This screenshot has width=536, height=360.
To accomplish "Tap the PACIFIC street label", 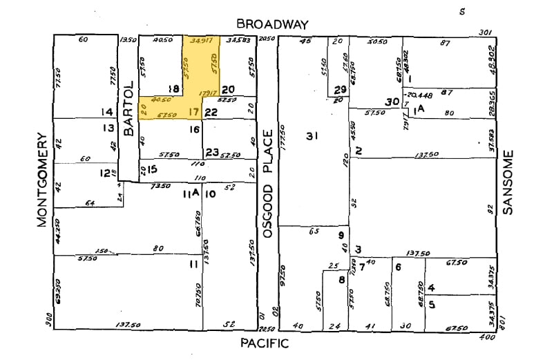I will [265, 343].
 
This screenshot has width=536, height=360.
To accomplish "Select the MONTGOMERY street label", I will [42, 180].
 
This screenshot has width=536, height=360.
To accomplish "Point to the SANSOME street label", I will [509, 182].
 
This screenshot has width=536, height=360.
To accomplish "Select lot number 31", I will [312, 136].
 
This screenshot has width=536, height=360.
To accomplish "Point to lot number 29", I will [339, 90].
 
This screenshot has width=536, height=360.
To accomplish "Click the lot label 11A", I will [191, 194].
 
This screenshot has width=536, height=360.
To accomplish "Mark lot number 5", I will [432, 303].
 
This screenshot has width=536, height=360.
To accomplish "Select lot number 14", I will [106, 112].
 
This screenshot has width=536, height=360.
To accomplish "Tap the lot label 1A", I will [417, 109].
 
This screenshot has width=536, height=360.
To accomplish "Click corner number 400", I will [488, 337].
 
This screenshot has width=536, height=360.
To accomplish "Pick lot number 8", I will [341, 279].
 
